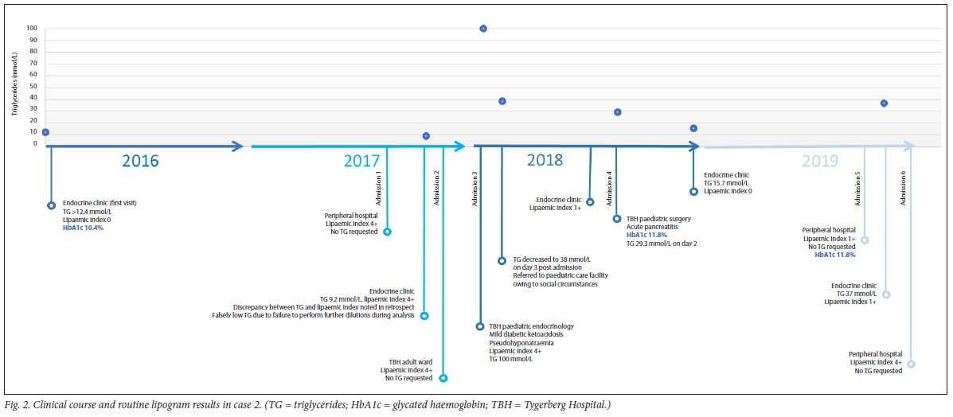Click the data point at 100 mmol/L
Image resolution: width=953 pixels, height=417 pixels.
(483, 29)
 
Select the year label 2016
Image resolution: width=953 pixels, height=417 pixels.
(140, 161)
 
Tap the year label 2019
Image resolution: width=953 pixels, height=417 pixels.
(820, 161)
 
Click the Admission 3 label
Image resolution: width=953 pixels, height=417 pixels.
(475, 190)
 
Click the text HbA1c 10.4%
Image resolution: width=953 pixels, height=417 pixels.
(84, 228)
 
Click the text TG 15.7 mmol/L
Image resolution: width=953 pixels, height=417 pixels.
(727, 183)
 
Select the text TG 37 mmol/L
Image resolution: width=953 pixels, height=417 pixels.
(856, 294)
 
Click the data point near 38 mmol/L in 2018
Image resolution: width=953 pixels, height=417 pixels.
(502, 101)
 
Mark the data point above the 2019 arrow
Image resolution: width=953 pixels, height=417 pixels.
(884, 103)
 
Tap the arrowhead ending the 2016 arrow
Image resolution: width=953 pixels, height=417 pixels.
(236, 146)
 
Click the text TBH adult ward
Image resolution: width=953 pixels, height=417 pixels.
(411, 361)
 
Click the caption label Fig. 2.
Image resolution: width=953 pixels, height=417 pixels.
(17, 406)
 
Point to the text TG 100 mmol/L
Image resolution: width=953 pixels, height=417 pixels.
(511, 360)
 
